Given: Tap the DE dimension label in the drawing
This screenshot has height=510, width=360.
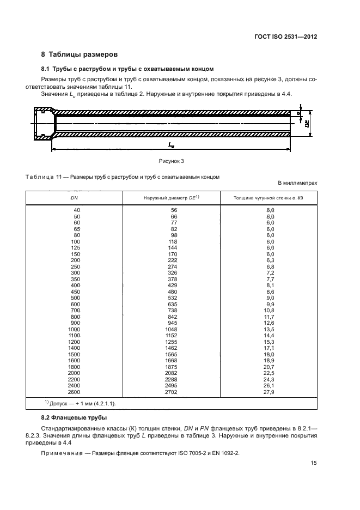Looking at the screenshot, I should (x=308, y=124).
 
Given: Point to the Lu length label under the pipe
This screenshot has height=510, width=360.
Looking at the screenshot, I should (x=171, y=145).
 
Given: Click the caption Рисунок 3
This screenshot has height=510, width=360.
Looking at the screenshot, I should (x=172, y=162).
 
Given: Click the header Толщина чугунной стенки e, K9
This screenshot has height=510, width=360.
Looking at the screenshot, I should (x=269, y=198).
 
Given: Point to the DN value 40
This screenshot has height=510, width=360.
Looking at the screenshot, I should (x=76, y=210).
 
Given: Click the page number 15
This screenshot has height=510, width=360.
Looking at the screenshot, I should (x=314, y=463).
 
